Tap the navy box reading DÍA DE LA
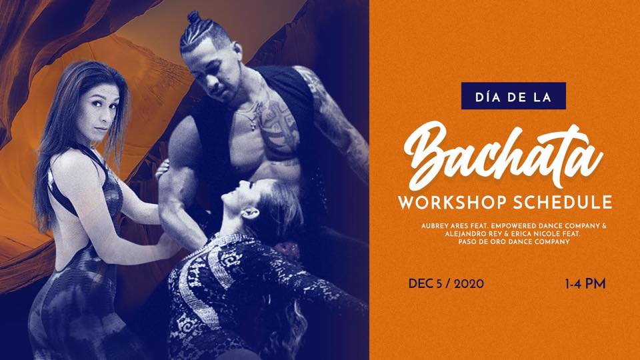tap(513, 96)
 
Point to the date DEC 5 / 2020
tap(446, 284)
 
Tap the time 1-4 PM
tap(585, 284)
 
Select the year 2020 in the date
tap(469, 284)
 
